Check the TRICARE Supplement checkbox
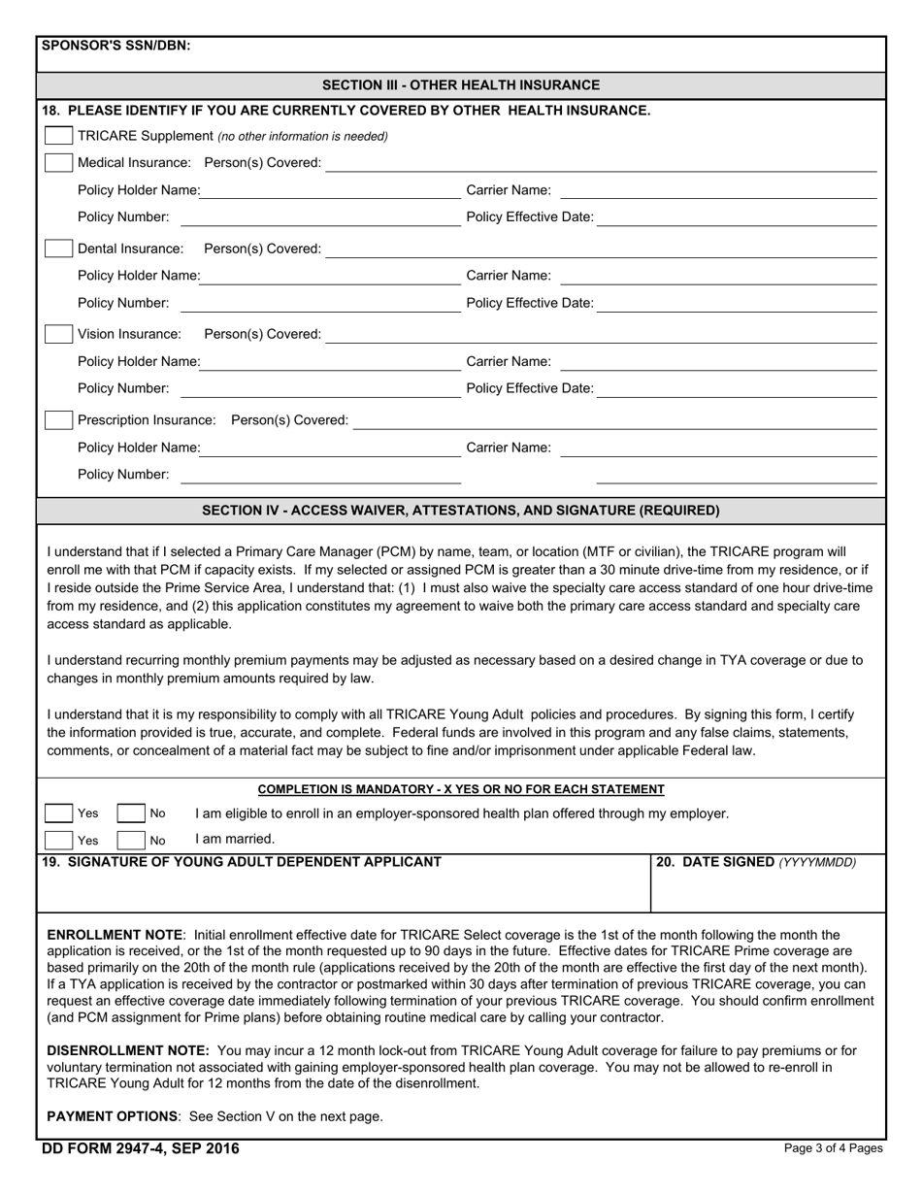coord(59,136)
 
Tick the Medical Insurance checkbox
coord(59,162)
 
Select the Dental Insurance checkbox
coord(59,249)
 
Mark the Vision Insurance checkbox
coord(59,334)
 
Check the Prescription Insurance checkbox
coord(59,419)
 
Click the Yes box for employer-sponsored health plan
coord(59,813)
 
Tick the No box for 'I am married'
coord(130,840)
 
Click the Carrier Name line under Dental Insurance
coord(718,277)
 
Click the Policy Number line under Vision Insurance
coord(320,389)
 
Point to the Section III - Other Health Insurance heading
coord(461,85)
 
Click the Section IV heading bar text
coord(461,511)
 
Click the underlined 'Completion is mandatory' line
coord(461,789)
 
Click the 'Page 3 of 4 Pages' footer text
coord(833,1148)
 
